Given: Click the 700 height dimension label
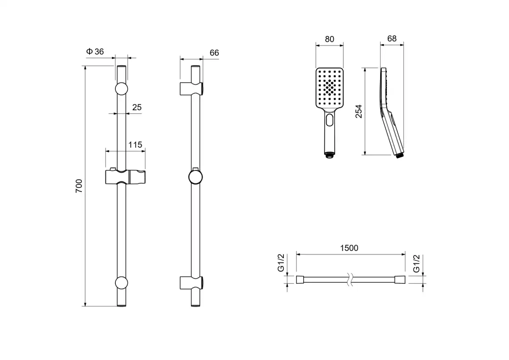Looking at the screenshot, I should click(79, 186).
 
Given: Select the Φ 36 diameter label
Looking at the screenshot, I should click(95, 52).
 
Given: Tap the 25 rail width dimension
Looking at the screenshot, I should click(137, 107).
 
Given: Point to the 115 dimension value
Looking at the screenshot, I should click(135, 145).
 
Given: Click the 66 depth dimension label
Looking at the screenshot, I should click(214, 53).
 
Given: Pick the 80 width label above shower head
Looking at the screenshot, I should click(329, 39).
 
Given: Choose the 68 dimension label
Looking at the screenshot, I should click(392, 39).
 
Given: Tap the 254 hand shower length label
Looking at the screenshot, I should click(359, 111).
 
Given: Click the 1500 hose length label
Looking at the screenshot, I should click(350, 248).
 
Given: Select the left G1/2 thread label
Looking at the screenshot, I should click(280, 263).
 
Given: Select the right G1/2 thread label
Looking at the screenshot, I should click(417, 263).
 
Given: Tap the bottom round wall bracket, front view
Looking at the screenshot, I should click(121, 283).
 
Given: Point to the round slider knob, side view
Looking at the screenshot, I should click(195, 177).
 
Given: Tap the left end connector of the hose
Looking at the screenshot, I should click(300, 279).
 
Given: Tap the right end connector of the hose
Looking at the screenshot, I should click(400, 279).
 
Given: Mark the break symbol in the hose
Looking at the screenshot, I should click(350, 279).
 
